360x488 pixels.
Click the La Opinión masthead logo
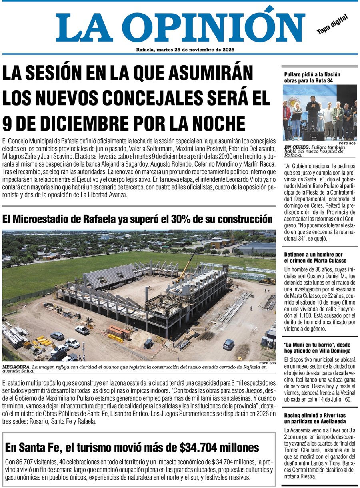click(x=180, y=26)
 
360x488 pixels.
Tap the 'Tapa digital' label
click(x=332, y=24)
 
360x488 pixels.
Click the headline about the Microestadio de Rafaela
click(x=137, y=219)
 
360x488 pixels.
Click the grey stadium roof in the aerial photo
click(x=112, y=275)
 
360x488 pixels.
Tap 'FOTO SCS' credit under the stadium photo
click(x=267, y=363)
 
